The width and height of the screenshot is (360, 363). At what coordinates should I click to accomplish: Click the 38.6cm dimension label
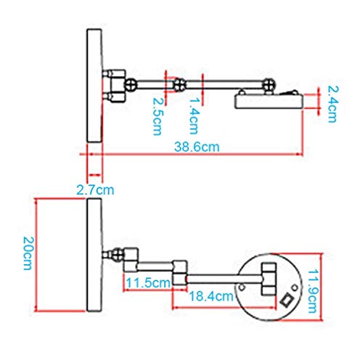pos(197,147)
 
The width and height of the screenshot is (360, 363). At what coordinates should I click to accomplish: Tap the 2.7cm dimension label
pos(95,189)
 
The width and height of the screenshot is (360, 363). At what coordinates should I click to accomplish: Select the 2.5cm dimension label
pos(157,116)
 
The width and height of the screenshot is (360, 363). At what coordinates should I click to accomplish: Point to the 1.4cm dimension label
pos(194,115)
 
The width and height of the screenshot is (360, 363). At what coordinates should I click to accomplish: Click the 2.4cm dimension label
pos(332,105)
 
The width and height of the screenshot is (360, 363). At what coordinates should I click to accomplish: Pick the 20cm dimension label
pos(28,253)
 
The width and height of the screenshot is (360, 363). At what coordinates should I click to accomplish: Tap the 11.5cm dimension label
pos(148,282)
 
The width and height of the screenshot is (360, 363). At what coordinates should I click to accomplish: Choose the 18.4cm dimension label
pos(211,296)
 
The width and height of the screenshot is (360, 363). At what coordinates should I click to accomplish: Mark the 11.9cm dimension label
pos(312,291)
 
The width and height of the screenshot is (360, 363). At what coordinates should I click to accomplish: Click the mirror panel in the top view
pos(94,86)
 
